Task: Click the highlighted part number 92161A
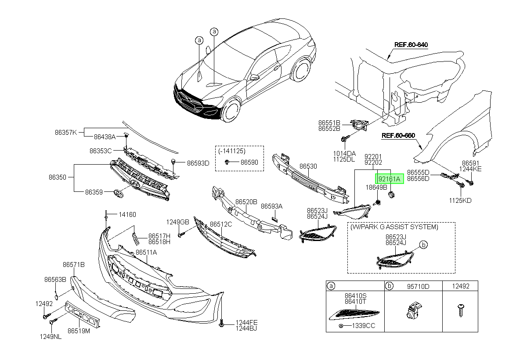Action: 389,179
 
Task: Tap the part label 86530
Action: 308,166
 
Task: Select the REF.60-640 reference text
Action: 411,45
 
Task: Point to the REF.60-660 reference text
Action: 398,136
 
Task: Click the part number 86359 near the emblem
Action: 94,192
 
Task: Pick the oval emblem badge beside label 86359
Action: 118,194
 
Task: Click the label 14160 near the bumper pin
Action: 127,214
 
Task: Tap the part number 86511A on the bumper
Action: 146,252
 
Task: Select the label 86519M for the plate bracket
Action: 79,331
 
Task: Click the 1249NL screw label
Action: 51,337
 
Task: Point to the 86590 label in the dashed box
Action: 249,162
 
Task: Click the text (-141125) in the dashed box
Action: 232,151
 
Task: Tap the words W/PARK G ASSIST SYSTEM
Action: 394,227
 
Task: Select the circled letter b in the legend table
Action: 389,286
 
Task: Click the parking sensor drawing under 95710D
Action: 414,310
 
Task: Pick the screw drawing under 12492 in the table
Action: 461,310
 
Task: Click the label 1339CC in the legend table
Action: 364,326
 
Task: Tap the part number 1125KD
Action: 460,201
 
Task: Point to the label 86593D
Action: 198,163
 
